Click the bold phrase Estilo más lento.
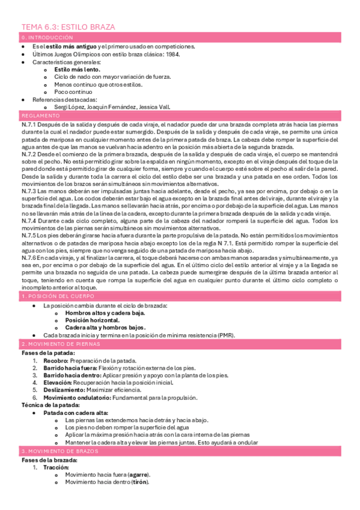77,69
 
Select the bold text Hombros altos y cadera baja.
105,313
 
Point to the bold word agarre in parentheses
136,475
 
